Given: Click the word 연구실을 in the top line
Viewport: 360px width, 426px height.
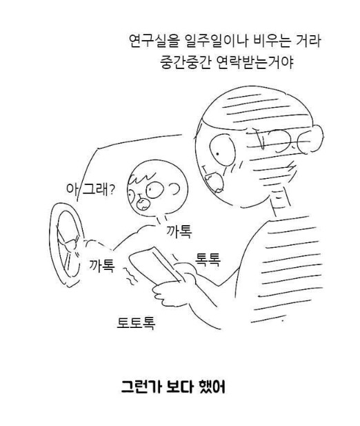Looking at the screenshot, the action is pos(150,41).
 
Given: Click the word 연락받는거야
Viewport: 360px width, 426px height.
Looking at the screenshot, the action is pos(255,62).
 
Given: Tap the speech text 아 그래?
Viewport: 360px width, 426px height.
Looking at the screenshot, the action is pos(90,188).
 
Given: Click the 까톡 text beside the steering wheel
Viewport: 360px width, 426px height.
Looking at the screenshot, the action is pos(102,265).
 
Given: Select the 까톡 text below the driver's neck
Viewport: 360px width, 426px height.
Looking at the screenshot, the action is pos(179,231).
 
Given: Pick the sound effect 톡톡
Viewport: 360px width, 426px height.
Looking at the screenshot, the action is pos(208,260).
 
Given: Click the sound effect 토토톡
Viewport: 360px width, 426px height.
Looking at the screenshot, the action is pos(136,322).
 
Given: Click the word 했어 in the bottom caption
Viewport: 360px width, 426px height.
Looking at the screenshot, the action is pos(212,387).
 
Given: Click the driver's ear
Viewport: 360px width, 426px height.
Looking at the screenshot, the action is pos(176,188).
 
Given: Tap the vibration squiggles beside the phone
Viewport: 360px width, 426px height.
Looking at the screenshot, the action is pos(129,276).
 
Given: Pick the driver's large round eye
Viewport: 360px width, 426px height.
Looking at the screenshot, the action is pos(155,189).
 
